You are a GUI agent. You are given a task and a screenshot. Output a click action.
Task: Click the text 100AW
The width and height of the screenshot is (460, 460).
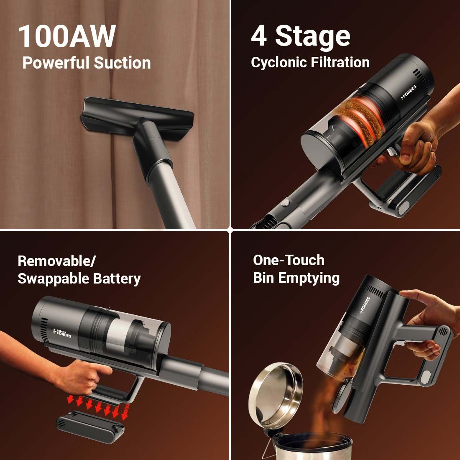pos(67,37)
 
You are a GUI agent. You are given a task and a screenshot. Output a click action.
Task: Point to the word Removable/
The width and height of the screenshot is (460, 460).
pos(56,261)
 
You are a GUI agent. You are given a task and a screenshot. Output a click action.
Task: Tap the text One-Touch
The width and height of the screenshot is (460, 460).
pos(289,260)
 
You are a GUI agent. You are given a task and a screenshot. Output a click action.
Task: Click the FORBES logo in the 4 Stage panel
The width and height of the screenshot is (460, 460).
pos(409,93)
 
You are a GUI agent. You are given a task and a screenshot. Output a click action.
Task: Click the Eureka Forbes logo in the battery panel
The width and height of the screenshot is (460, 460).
pos(61,332)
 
